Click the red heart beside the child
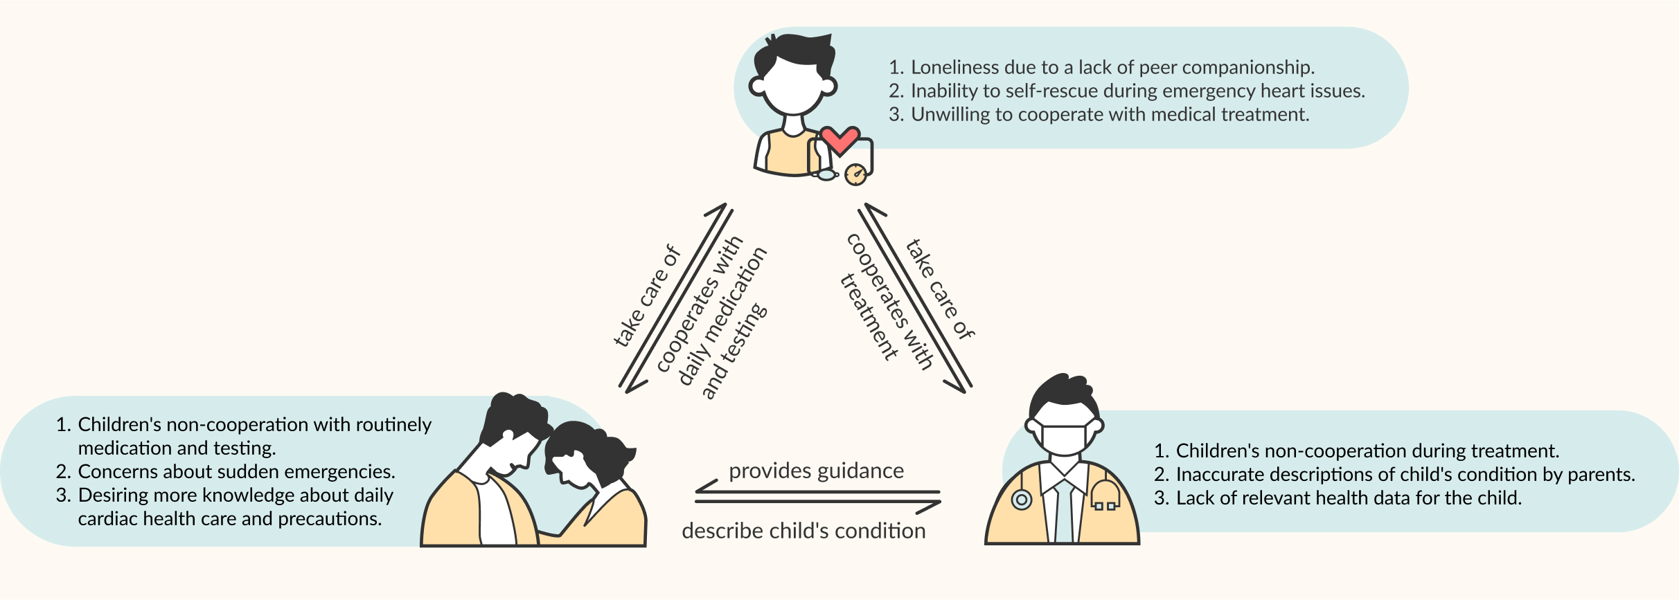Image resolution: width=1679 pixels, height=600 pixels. click(x=839, y=140)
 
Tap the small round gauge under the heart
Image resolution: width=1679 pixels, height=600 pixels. click(x=856, y=174)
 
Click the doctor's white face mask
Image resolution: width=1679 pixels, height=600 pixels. click(x=1064, y=439)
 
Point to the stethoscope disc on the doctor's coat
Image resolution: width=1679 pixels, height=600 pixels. click(x=1022, y=499)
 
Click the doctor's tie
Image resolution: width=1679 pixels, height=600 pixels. click(x=1063, y=512)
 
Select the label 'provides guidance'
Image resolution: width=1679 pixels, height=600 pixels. click(x=816, y=471)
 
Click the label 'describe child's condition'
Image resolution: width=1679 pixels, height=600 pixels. click(x=803, y=531)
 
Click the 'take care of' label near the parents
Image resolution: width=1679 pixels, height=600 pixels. click(x=647, y=296)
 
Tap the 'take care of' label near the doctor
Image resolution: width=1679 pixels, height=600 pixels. click(x=940, y=289)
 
